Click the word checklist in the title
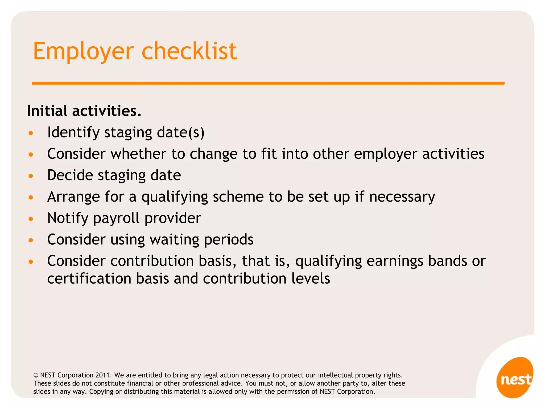pyautogui.click(x=189, y=51)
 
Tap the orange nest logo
pyautogui.click(x=515, y=378)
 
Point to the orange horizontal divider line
pyautogui.click(x=268, y=83)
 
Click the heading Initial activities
pyautogui.click(x=84, y=111)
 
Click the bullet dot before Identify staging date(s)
pyautogui.click(x=31, y=133)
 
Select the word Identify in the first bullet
pyautogui.click(x=73, y=132)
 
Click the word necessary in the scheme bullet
pyautogui.click(x=402, y=197)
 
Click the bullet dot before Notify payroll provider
pyautogui.click(x=31, y=219)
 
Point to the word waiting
pyautogui.click(x=174, y=240)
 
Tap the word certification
pyautogui.click(x=89, y=279)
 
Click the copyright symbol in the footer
pyautogui.click(x=36, y=375)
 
